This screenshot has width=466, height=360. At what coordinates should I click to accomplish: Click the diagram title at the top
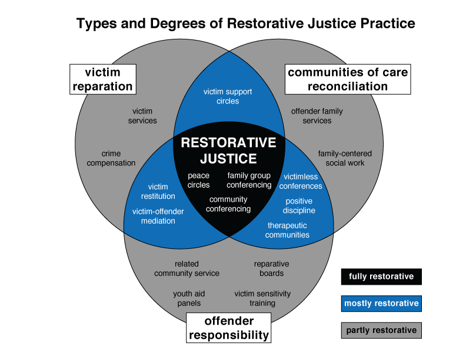pos(245,24)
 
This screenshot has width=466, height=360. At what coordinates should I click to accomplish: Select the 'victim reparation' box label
pos(102,79)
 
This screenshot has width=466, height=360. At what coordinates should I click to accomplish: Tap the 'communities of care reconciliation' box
pos(347,79)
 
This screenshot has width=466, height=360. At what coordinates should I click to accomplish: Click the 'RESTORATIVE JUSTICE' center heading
pos(228,151)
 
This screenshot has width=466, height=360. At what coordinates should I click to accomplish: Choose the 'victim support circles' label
pos(229,96)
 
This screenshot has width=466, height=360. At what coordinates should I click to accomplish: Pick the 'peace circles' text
pos(198,180)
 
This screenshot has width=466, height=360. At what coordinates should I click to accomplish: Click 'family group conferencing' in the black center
pos(249,180)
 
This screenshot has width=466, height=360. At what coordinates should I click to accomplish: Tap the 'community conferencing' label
pos(228,204)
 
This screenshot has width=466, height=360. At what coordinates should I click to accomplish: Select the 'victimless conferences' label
pos(301,181)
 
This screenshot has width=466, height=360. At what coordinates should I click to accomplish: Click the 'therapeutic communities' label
pos(287,230)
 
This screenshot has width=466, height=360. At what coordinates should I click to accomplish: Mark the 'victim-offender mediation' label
pos(158,216)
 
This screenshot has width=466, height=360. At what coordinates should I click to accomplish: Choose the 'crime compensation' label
pos(111,158)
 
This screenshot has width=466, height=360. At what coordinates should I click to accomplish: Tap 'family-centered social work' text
pos(345,158)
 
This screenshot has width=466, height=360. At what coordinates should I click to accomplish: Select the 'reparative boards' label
pos(271,269)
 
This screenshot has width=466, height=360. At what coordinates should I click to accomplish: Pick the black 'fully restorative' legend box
pos(381,276)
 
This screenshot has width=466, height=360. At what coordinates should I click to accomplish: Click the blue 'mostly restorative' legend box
pos(381,304)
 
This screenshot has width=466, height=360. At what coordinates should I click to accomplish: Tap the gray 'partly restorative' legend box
pos(381,331)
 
